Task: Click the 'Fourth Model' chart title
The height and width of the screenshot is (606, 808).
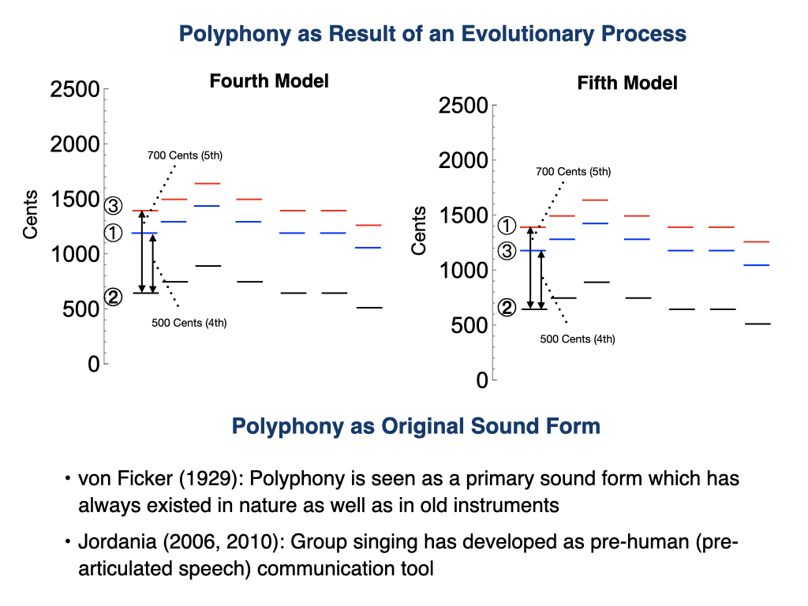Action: (269, 80)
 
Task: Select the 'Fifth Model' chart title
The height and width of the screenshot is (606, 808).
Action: (627, 83)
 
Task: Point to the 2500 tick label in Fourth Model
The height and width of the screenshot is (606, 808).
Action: (74, 90)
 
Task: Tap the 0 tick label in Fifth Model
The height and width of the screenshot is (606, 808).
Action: (482, 380)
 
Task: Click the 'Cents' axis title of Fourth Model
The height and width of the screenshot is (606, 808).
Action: (30, 215)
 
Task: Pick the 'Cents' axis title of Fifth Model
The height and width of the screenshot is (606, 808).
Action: (419, 230)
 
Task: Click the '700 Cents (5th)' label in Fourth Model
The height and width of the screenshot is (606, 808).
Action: (185, 155)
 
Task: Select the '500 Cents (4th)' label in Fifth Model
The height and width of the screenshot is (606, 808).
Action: (578, 339)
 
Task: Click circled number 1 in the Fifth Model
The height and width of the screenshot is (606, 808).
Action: (507, 226)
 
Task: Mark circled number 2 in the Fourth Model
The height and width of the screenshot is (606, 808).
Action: (114, 297)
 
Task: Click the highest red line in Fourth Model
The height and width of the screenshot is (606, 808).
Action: (207, 183)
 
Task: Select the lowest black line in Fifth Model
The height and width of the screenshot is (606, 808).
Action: (757, 324)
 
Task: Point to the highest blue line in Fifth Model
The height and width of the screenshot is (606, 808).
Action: (595, 223)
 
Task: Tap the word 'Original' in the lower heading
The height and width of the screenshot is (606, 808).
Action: (436, 426)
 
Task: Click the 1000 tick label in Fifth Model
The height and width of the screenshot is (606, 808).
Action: (462, 271)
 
